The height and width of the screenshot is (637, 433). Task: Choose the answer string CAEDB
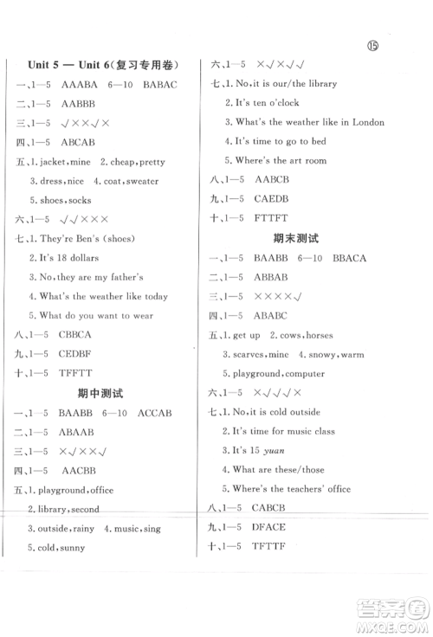point(271,199)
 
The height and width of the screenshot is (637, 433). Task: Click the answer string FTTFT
point(270,218)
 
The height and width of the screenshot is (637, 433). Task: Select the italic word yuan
point(284,450)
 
